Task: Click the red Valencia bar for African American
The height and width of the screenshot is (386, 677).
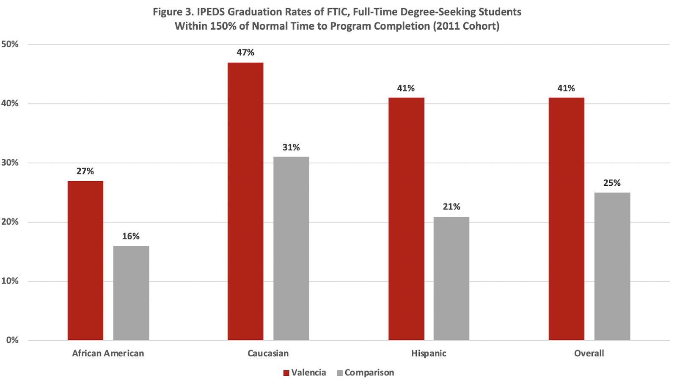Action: pos(85,260)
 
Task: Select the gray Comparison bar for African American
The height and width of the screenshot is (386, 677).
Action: pos(131,293)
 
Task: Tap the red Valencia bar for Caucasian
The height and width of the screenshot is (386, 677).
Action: pos(245,201)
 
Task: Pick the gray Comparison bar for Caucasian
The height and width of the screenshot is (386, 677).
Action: pos(291,248)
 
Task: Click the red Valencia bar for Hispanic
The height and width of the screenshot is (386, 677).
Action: pos(406,219)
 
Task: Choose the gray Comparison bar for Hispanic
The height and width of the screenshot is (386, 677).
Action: pos(451,278)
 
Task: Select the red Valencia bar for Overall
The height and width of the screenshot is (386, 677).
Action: pos(566,219)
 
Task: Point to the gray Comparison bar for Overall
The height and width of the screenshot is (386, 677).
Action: pos(612,266)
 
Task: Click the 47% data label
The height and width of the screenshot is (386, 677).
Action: pos(245,52)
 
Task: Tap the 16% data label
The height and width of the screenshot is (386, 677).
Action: pos(131,236)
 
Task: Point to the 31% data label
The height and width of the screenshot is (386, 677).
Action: pos(291,147)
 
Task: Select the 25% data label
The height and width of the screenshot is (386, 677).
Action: pos(612,183)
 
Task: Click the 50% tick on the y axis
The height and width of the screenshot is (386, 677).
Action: pos(10,44)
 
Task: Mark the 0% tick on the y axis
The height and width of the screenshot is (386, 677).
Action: pos(12,340)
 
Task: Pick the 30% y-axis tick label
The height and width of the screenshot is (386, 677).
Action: pos(10,163)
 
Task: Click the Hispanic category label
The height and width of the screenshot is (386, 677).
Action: pos(429,353)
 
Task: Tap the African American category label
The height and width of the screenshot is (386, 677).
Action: pos(108,353)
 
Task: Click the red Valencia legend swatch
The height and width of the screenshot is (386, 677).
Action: pos(286,373)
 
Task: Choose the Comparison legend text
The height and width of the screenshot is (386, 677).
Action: pos(369,373)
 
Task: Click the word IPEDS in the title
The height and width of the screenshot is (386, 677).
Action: pos(211,12)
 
